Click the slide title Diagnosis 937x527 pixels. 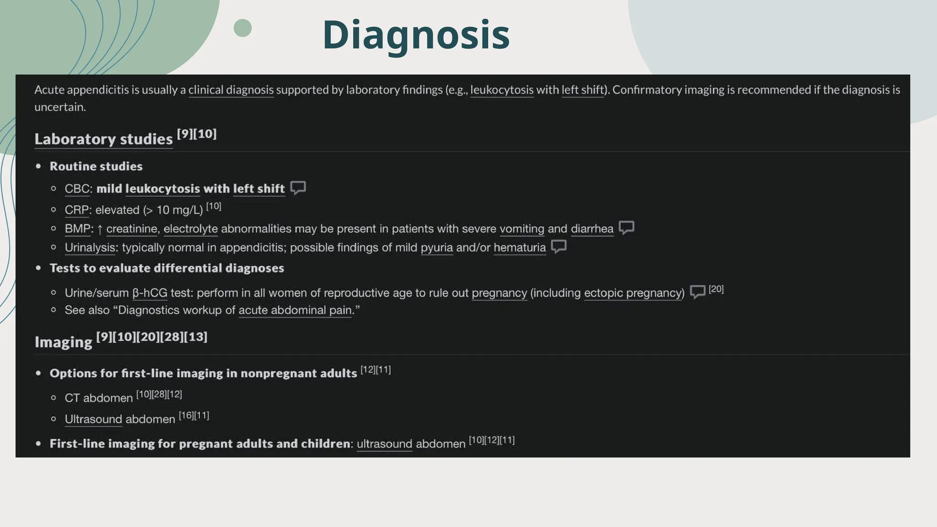point(415,35)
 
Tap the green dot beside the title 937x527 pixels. point(242,28)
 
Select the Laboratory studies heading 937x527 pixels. point(103,139)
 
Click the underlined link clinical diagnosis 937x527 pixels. point(231,90)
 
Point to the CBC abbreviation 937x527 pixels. point(77,189)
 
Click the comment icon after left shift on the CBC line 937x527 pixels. point(298,188)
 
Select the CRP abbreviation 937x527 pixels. point(76,210)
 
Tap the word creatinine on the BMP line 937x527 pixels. point(132,229)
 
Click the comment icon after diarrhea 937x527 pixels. point(626,227)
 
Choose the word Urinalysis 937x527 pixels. point(90,247)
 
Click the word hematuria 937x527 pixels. point(519,247)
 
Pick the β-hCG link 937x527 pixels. point(150,293)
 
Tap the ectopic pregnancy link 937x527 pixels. point(634,293)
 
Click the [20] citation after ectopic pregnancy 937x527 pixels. point(716,289)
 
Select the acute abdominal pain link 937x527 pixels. point(295,310)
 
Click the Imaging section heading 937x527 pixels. point(64,342)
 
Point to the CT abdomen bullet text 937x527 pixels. point(98,398)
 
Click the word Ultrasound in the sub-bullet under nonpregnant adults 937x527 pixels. point(93,419)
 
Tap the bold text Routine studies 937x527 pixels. point(96,167)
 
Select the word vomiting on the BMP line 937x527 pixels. point(522,229)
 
